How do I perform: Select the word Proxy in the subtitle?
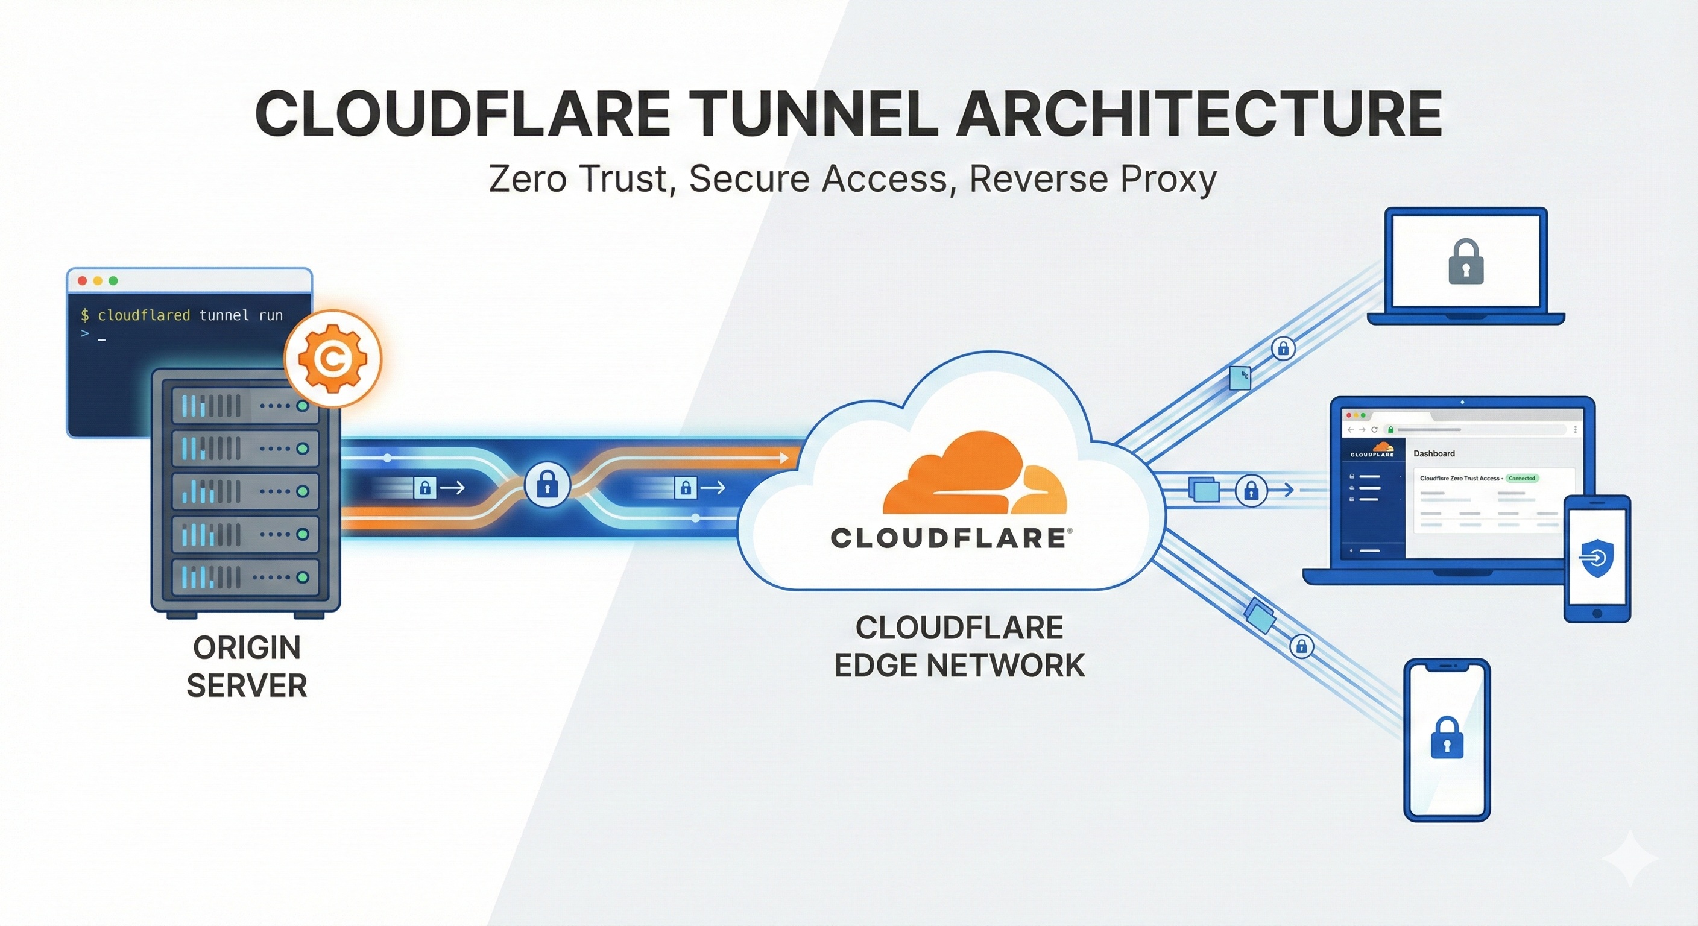(x=1167, y=178)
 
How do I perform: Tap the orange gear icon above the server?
(x=333, y=359)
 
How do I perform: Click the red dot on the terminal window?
(x=83, y=281)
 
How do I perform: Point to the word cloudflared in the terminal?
(x=144, y=316)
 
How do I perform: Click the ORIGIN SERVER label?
(x=247, y=666)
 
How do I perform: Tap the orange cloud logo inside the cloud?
(x=974, y=474)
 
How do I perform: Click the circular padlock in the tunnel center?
(x=547, y=486)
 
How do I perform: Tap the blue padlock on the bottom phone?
(x=1447, y=737)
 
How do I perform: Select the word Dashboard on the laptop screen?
(x=1434, y=453)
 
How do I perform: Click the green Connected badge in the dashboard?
(x=1521, y=479)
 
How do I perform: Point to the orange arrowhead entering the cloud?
(x=784, y=458)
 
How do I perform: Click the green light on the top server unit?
(x=303, y=406)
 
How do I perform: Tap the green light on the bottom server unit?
(x=303, y=578)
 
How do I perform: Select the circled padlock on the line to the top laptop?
(x=1283, y=348)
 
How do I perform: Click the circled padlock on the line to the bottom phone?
(x=1301, y=646)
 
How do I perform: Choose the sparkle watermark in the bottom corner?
(x=1630, y=858)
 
